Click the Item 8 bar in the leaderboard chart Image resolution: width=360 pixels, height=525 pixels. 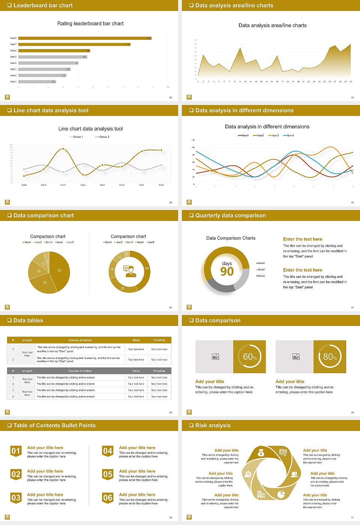(x=84, y=38)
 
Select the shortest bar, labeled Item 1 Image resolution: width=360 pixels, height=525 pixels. (x=37, y=81)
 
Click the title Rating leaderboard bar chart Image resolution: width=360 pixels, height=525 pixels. (x=90, y=24)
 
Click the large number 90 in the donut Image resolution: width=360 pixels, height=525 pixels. (x=227, y=271)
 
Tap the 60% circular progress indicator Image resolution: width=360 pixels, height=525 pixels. (x=250, y=357)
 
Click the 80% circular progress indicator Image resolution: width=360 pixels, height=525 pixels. (x=330, y=357)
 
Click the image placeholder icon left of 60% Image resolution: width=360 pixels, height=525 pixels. (x=216, y=357)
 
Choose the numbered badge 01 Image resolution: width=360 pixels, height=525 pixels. (x=16, y=451)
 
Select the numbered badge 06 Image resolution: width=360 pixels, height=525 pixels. (x=108, y=498)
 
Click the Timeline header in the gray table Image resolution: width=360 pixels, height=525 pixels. (x=159, y=371)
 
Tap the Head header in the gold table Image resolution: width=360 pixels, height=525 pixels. (x=136, y=340)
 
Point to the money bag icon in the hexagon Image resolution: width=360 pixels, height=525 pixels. (x=261, y=453)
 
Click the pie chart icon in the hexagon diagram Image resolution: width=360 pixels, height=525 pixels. (x=281, y=495)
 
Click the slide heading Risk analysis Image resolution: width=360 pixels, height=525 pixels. (x=213, y=425)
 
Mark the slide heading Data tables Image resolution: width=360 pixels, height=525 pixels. (x=28, y=320)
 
